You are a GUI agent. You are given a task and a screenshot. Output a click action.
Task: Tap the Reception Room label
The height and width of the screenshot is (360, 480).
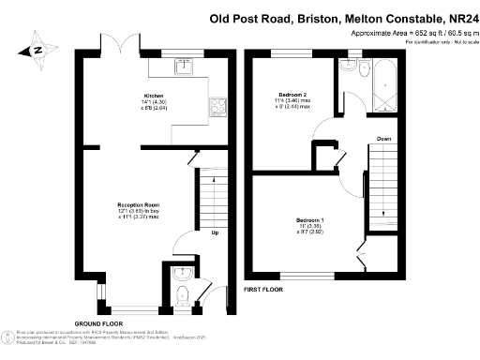138,204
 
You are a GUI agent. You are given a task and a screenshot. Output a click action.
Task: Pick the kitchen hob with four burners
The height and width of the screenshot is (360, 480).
221,106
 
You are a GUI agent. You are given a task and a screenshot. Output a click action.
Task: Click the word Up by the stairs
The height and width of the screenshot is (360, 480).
215,232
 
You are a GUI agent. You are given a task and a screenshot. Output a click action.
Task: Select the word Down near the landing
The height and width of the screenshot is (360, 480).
384,139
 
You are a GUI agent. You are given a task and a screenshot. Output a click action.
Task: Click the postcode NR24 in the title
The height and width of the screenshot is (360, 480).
458,16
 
